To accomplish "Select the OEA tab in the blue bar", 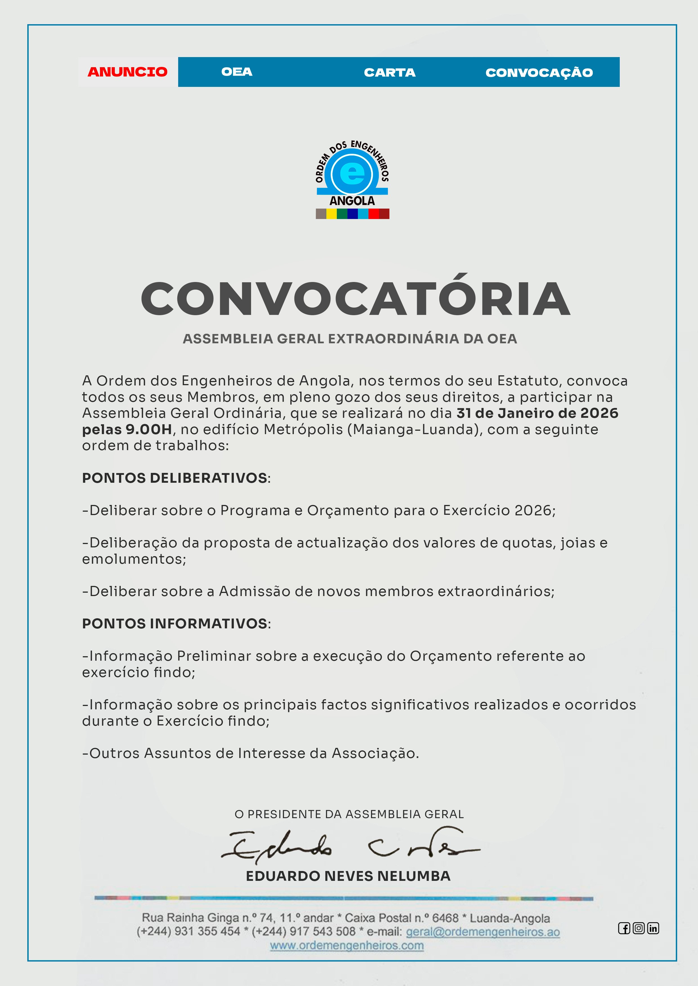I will pos(236,72).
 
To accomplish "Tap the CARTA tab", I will pos(390,73).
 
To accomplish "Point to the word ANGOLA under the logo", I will pos(352,200).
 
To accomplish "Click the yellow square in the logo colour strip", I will pos(331,214).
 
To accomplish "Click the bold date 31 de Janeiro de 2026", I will pos(537,413).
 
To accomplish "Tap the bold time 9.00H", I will pos(149,429).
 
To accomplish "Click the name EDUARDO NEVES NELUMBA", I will pos(348,876).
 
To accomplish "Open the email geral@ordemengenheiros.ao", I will pos(483,932).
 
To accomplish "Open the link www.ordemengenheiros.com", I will pos(347,946).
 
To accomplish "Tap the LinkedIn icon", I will pos(653,928).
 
